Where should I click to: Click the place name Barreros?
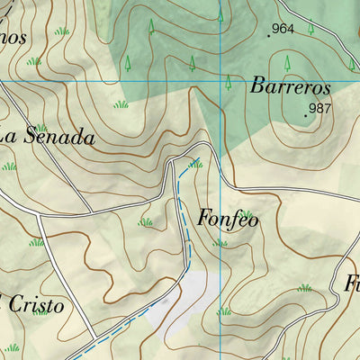[291, 88]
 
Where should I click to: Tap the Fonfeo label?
[228, 219]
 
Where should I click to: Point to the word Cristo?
[37, 305]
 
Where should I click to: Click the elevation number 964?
[283, 29]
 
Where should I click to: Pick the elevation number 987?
[320, 109]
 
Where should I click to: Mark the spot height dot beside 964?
[268, 36]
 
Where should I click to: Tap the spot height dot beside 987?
[305, 115]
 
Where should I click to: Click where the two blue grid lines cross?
[221, 83]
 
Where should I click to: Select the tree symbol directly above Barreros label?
[287, 63]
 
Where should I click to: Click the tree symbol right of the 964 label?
[311, 27]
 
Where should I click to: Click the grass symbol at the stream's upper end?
[195, 164]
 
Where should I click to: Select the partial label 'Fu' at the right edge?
[351, 283]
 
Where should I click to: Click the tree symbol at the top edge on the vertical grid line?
[221, 13]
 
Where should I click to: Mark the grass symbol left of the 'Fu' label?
[305, 288]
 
